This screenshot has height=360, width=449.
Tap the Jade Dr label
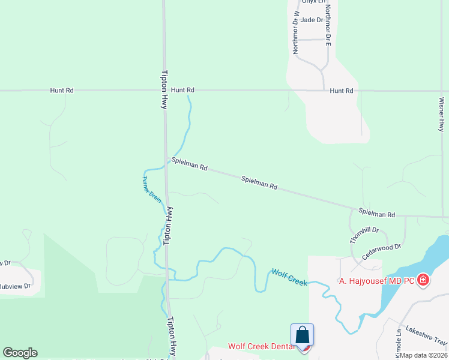(x=312, y=20)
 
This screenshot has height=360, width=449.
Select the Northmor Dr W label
(x=296, y=32)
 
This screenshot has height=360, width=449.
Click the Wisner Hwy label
(x=441, y=114)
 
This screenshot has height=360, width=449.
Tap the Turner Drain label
(x=152, y=188)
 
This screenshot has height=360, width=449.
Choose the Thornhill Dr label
(x=365, y=235)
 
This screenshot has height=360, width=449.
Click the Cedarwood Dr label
(x=381, y=251)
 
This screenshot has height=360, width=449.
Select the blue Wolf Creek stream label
(x=289, y=277)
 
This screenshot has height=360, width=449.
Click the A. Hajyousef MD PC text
(x=376, y=281)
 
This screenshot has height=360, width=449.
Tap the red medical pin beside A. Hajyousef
(x=423, y=280)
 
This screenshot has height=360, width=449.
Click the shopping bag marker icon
(x=303, y=335)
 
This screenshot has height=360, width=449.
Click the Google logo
(x=20, y=353)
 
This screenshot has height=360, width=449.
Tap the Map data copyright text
(x=424, y=355)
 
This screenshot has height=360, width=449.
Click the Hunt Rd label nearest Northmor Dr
(x=341, y=91)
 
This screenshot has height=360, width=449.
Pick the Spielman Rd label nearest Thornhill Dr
(x=377, y=213)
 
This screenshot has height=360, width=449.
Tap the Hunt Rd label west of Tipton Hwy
(x=62, y=90)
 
